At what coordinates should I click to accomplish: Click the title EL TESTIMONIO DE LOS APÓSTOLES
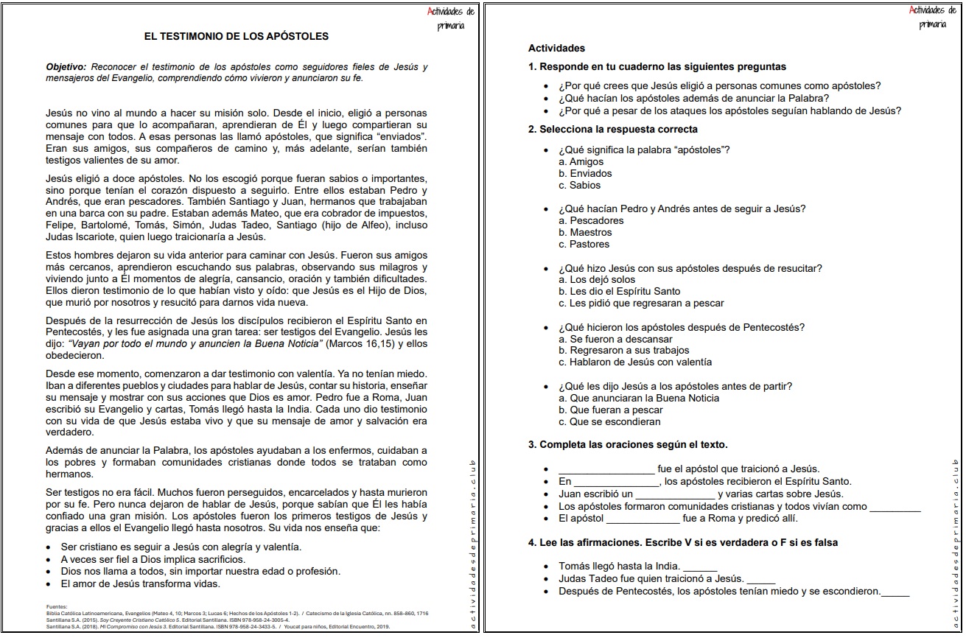point(237,36)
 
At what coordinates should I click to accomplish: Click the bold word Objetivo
point(66,67)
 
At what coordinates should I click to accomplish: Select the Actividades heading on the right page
point(556,48)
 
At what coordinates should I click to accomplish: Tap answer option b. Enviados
point(586,173)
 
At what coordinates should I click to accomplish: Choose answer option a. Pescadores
point(591,220)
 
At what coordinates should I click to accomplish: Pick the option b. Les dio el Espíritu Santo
point(619,291)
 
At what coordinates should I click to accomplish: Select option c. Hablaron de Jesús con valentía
point(625,362)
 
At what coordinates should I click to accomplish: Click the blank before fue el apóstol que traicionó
point(606,470)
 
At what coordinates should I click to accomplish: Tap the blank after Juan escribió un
point(675,495)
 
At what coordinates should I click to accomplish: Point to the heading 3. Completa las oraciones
point(628,444)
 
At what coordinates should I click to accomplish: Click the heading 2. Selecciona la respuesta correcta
point(612,129)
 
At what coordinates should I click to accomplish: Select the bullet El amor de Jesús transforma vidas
point(140,583)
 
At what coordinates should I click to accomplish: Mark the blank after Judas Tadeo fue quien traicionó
point(760,580)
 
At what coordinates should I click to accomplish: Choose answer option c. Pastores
point(584,244)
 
